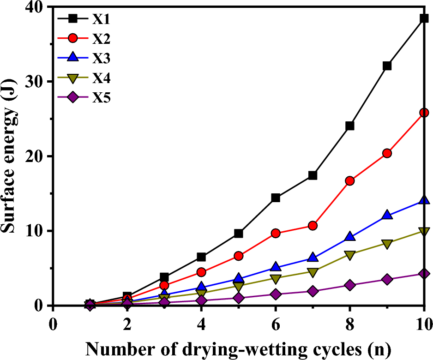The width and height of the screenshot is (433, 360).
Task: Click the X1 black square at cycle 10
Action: (424, 18)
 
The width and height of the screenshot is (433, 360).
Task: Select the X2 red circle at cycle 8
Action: (349, 180)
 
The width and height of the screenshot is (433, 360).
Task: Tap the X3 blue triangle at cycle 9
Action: (387, 215)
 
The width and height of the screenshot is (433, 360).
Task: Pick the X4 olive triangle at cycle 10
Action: (424, 231)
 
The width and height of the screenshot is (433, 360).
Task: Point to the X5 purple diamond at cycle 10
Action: (424, 274)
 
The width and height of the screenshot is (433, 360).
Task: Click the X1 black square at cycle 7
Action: (313, 175)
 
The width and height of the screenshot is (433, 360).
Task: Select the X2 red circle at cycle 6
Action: (276, 233)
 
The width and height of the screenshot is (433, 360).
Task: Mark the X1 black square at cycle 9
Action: (387, 66)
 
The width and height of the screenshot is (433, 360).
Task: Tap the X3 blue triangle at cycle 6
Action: (276, 266)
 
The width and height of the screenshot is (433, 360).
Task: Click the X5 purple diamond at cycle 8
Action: (349, 285)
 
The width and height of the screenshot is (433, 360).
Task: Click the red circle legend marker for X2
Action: (72, 39)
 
